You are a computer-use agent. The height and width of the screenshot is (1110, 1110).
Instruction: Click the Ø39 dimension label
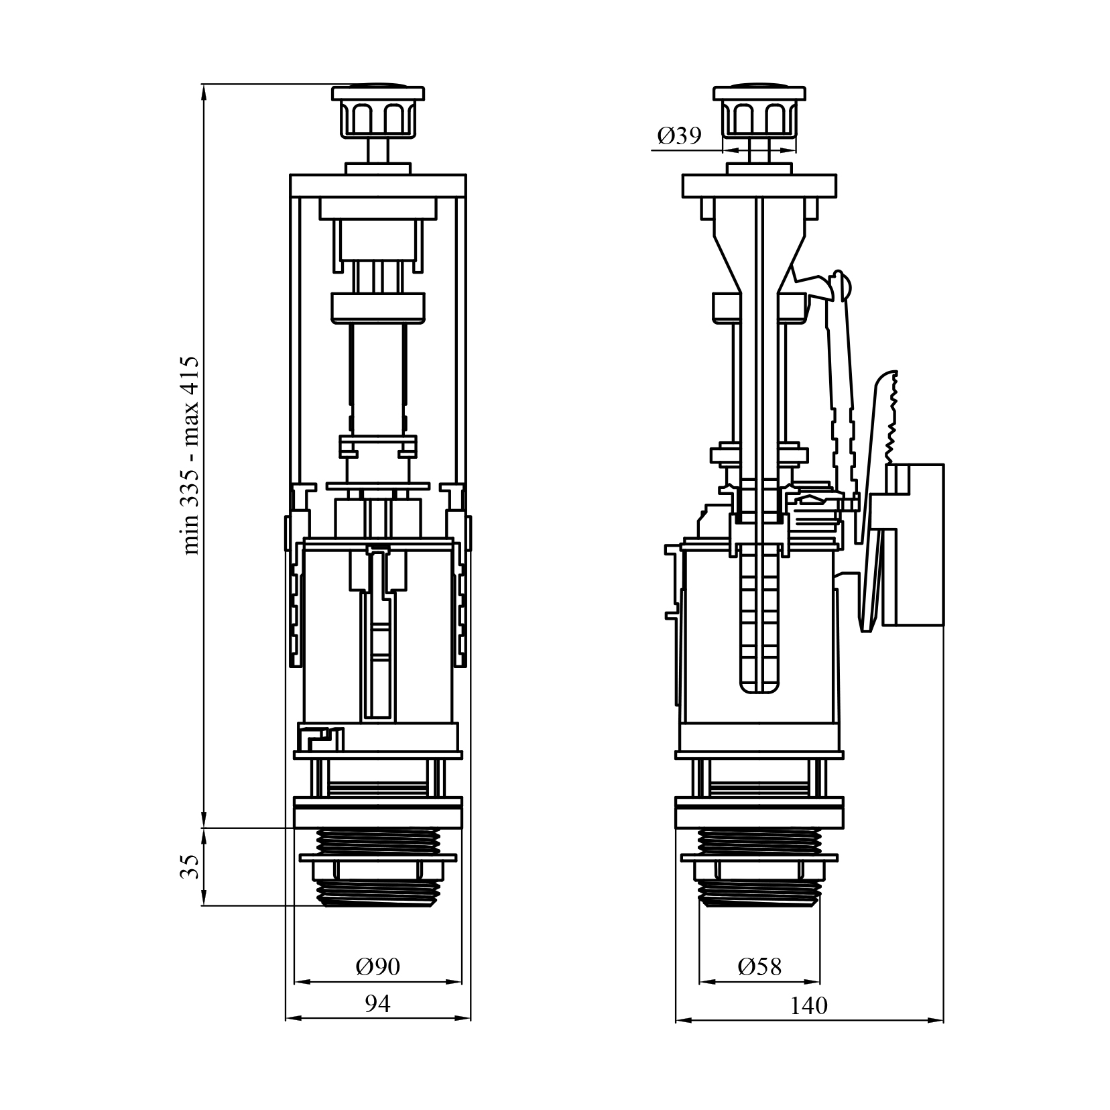[679, 136]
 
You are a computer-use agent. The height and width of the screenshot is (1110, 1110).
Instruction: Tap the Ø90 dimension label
[378, 966]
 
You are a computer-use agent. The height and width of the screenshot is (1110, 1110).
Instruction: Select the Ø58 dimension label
[759, 966]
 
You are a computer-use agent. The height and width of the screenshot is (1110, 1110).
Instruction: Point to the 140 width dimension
[809, 1005]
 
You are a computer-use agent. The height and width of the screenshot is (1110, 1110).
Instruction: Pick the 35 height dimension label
[190, 866]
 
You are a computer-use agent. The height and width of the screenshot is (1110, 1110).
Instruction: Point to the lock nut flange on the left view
[378, 857]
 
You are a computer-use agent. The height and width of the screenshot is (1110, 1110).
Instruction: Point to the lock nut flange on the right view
[759, 857]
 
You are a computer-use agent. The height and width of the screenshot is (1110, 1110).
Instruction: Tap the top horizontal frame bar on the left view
[378, 186]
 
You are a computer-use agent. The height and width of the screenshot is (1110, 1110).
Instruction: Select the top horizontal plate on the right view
[759, 186]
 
